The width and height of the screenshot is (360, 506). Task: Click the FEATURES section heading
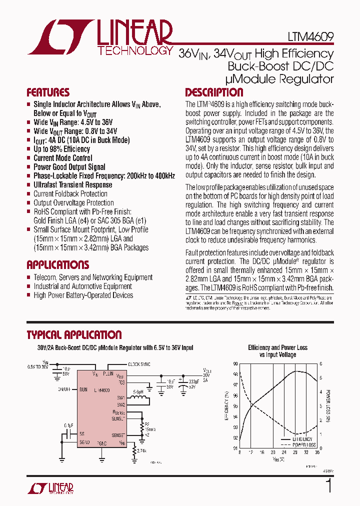pyautogui.click(x=48, y=92)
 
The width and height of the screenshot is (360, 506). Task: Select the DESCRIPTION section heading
pyautogui.click(x=214, y=92)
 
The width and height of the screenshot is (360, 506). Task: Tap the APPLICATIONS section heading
pyautogui.click(x=57, y=265)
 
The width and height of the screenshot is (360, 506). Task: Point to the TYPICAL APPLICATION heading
pyautogui.click(x=74, y=335)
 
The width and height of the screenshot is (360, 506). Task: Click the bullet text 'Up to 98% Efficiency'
pyautogui.click(x=61, y=149)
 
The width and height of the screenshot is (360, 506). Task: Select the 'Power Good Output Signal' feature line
pyautogui.click(x=69, y=167)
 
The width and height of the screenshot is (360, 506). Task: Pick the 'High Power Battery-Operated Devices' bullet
pyautogui.click(x=83, y=295)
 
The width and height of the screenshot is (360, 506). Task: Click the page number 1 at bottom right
pyautogui.click(x=328, y=486)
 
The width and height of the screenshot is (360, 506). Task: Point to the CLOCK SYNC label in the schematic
pyautogui.click(x=139, y=364)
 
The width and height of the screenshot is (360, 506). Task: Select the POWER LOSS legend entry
pyautogui.click(x=303, y=444)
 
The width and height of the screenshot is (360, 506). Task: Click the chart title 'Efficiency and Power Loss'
pyautogui.click(x=277, y=347)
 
